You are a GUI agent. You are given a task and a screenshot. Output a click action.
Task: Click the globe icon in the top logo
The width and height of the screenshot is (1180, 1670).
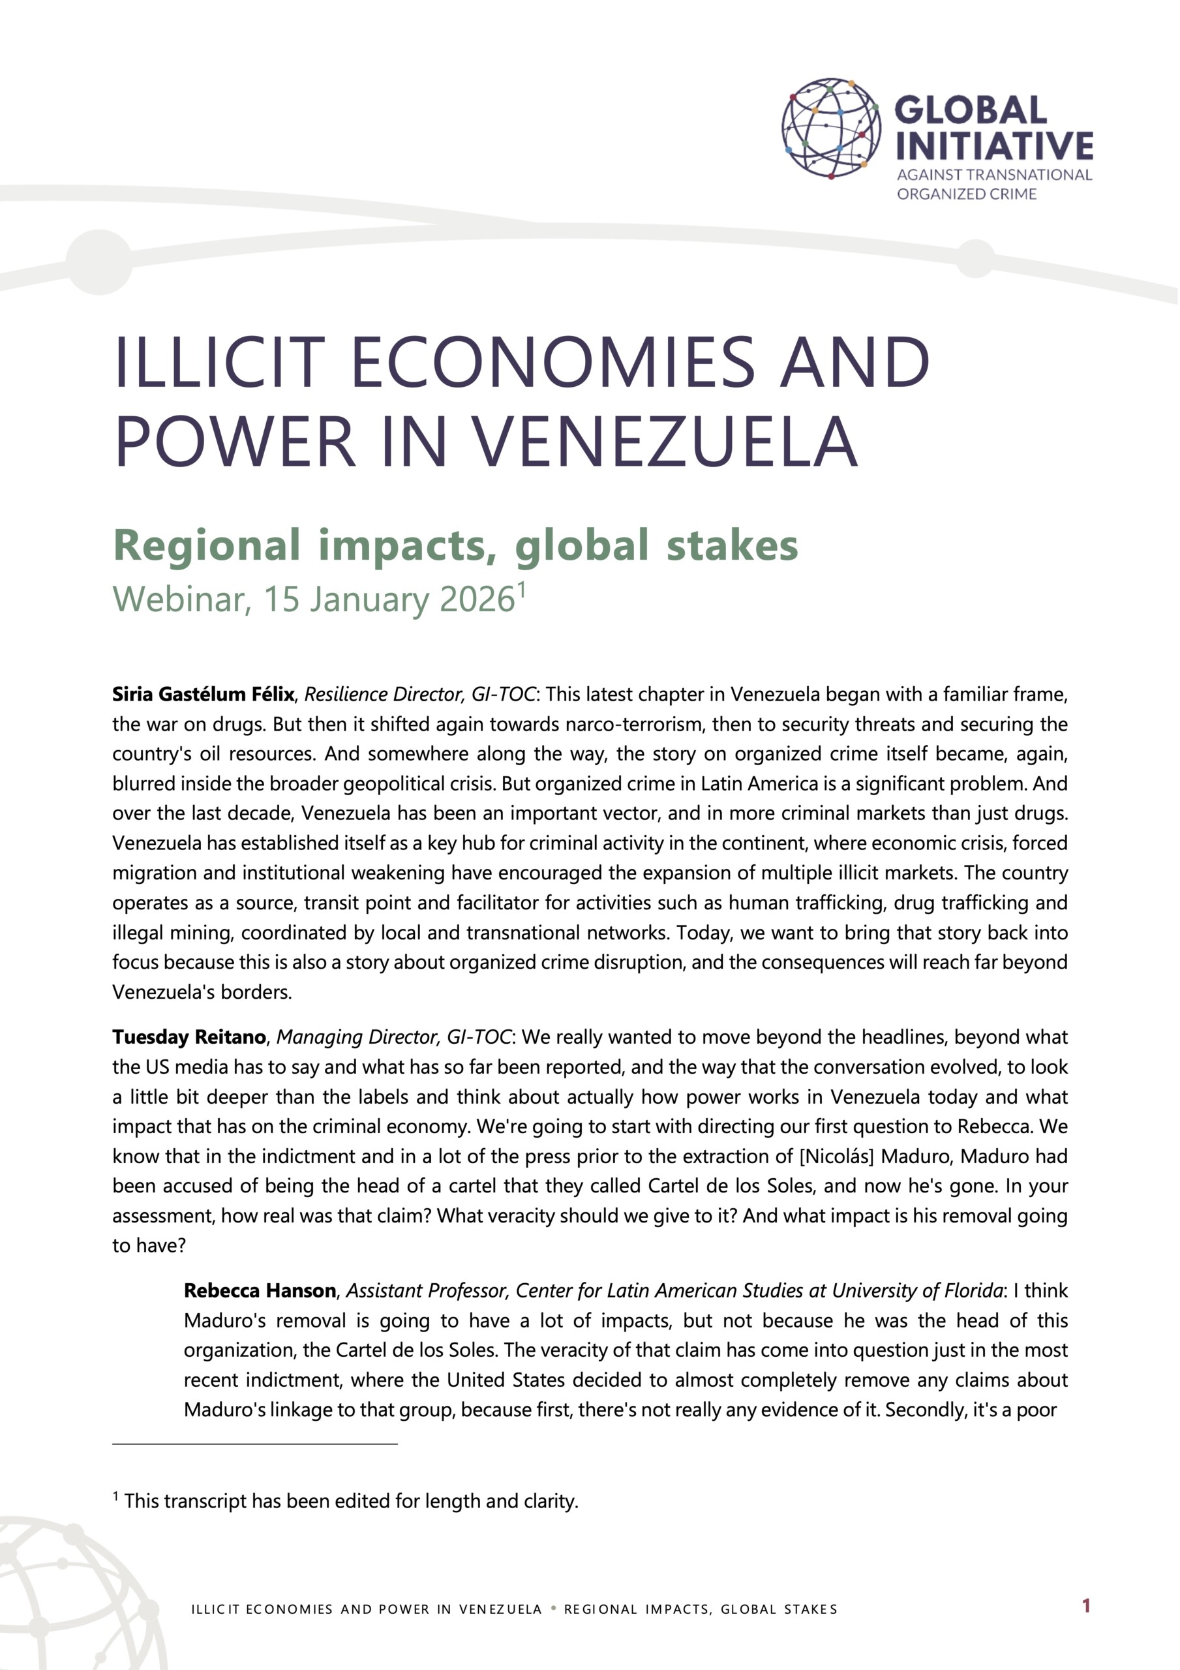click(x=830, y=129)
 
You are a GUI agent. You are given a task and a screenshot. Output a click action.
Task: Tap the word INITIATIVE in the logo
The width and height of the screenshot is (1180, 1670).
click(x=993, y=145)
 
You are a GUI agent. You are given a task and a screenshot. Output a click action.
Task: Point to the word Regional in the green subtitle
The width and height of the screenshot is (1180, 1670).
click(x=207, y=545)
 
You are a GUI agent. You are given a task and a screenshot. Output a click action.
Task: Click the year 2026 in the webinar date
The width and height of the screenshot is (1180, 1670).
click(x=477, y=600)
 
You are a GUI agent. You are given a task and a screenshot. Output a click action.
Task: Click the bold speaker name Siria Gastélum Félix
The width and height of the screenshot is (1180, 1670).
click(x=203, y=695)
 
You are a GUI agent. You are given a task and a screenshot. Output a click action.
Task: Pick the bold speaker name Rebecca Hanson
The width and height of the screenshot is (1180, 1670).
click(x=260, y=1291)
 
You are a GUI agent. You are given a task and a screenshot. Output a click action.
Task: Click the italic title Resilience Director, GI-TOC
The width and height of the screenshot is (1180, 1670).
click(x=420, y=695)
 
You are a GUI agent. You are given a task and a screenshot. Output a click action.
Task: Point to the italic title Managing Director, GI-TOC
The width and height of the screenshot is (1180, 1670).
click(x=394, y=1037)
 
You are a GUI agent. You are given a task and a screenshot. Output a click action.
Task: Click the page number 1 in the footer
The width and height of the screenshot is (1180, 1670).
click(x=1086, y=1605)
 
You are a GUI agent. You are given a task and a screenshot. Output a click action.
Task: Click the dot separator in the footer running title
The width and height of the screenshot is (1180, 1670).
click(x=554, y=1608)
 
